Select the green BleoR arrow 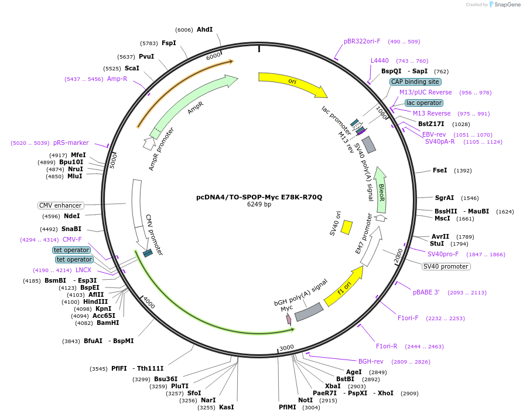[x=381, y=191]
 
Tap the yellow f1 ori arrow [x=344, y=287]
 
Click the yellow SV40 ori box [x=346, y=227]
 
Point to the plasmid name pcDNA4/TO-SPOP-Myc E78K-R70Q [x=259, y=197]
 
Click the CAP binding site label [x=415, y=82]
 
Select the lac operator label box [x=424, y=103]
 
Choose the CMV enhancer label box [x=60, y=205]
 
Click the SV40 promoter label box [x=446, y=266]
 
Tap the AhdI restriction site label [x=204, y=29]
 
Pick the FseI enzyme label [x=440, y=170]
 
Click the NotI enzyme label [x=306, y=400]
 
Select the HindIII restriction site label [x=95, y=301]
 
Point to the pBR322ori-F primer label [x=362, y=41]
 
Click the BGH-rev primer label [x=371, y=361]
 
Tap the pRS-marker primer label [x=71, y=143]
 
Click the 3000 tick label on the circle [x=286, y=347]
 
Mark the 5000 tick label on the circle [x=113, y=161]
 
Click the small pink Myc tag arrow [x=289, y=320]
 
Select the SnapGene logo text [x=507, y=4]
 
